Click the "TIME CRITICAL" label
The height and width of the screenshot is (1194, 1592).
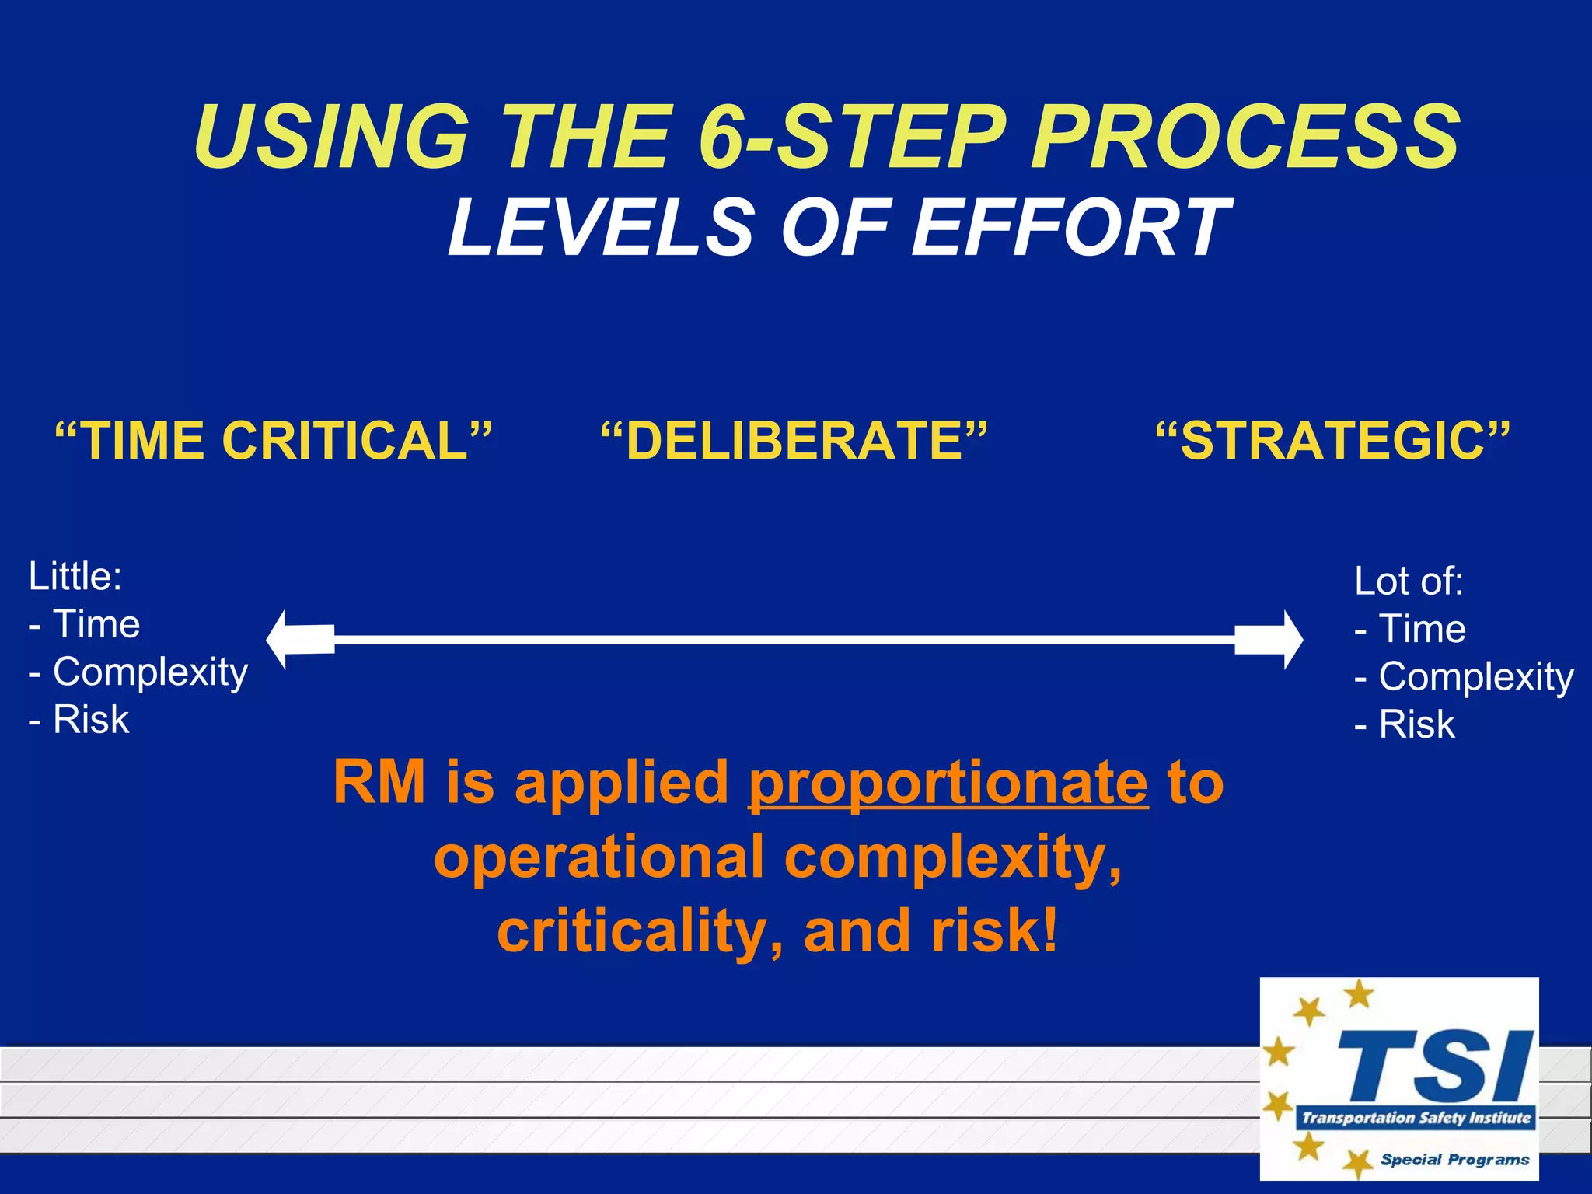coord(274,441)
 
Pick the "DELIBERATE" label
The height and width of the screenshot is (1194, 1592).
coord(794,441)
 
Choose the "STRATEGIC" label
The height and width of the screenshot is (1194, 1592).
coord(1332,441)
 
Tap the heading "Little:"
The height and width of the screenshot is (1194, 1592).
coord(75,576)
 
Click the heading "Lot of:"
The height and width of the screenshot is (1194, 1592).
coord(1409,581)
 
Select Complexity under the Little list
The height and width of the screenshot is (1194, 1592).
coord(149,672)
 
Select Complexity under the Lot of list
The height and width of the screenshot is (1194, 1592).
coord(1475,677)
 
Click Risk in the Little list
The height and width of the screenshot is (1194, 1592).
coord(90,719)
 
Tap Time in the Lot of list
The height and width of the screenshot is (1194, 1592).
coord(1421,629)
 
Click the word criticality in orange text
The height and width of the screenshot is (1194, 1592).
coord(631,931)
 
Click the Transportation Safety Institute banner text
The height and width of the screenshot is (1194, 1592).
coord(1416,1118)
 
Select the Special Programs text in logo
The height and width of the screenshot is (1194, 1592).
coord(1454,1160)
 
